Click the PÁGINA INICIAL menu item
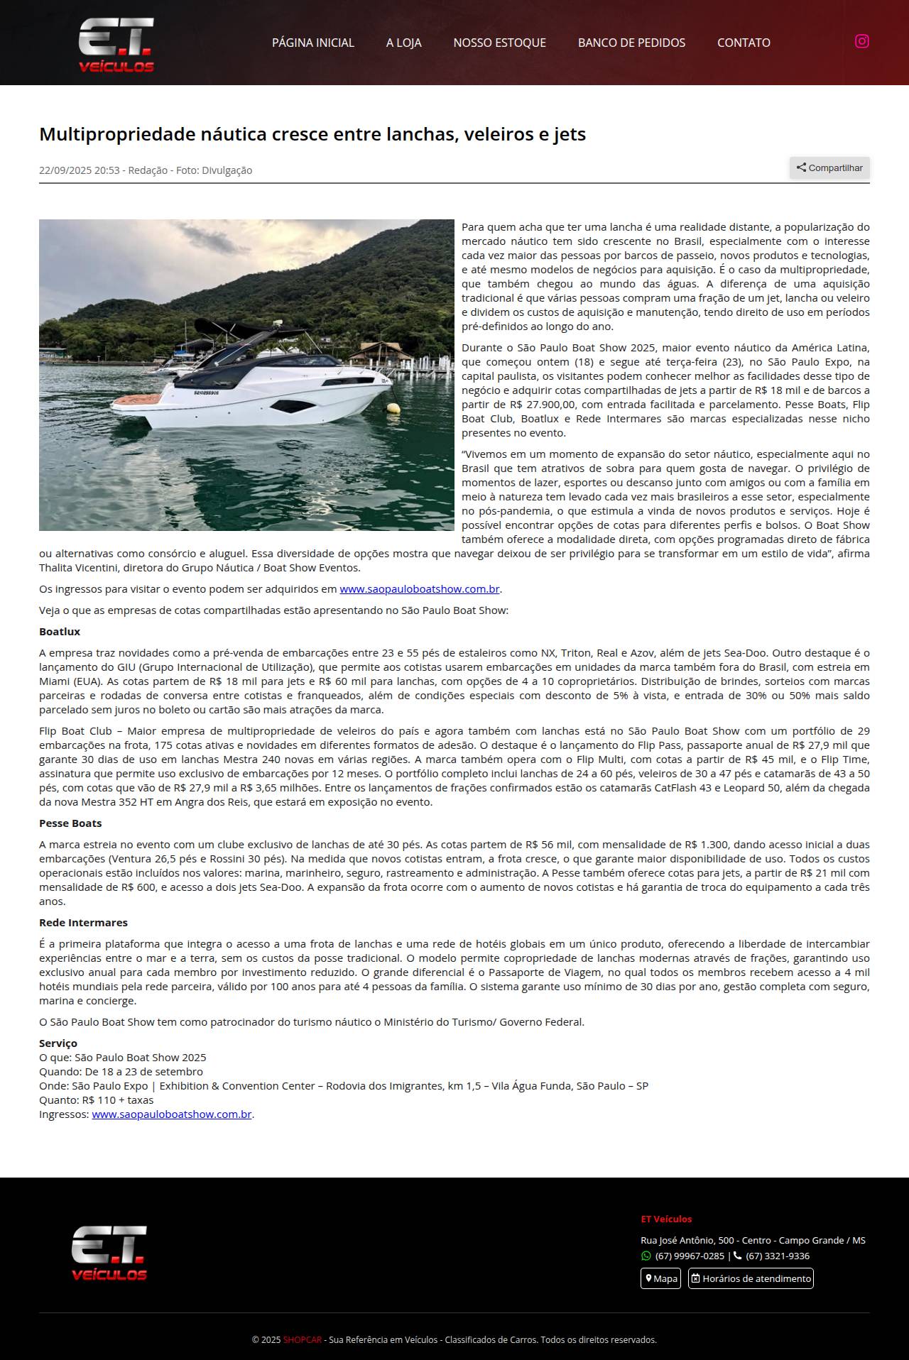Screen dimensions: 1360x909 (x=312, y=43)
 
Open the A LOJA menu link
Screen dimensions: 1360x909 (x=403, y=43)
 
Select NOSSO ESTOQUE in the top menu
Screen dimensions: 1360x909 (x=499, y=43)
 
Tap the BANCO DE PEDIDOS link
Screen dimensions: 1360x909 (x=631, y=43)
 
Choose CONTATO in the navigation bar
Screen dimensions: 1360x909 (x=744, y=43)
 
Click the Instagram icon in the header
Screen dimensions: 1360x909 (x=861, y=41)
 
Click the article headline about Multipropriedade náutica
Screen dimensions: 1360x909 (x=312, y=134)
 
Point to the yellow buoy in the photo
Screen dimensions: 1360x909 (x=393, y=408)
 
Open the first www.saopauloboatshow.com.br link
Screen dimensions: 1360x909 (x=419, y=589)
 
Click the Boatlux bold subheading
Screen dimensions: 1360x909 (x=60, y=632)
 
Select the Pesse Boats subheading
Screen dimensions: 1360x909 (x=70, y=823)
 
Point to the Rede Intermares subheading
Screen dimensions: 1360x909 (x=83, y=923)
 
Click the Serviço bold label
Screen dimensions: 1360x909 (x=58, y=1043)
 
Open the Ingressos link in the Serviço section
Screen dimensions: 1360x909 (x=172, y=1114)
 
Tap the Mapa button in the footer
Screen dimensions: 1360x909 (x=660, y=1278)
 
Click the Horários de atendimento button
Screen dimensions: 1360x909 (x=751, y=1278)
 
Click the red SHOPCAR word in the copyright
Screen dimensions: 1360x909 (x=302, y=1340)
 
